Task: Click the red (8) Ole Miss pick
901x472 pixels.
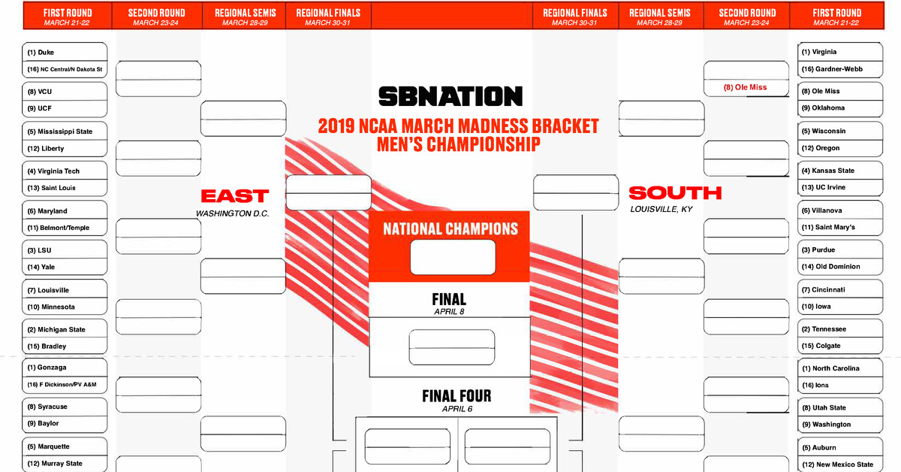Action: tap(746, 87)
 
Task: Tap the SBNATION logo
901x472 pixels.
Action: tap(450, 96)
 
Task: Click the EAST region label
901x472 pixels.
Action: tap(235, 196)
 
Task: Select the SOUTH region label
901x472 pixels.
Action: tap(675, 193)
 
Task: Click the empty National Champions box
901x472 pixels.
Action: tap(453, 257)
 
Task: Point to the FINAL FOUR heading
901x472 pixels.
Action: tap(457, 396)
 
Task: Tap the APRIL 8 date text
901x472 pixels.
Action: tap(449, 311)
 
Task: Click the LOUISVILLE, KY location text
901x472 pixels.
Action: tap(661, 210)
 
